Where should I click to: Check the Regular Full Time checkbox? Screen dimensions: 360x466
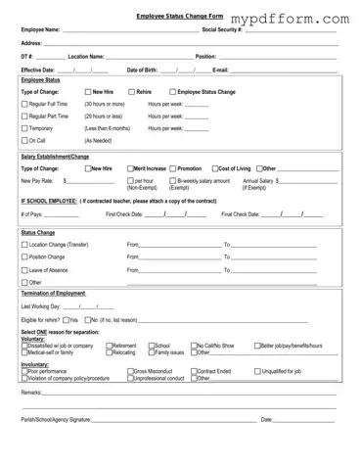pyautogui.click(x=25, y=103)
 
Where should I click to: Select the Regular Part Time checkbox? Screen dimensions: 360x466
pyautogui.click(x=25, y=116)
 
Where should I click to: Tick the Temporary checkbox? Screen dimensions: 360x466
pyautogui.click(x=25, y=128)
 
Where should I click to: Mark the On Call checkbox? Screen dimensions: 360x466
pyautogui.click(x=25, y=141)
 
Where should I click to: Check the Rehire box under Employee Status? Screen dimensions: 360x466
pyautogui.click(x=130, y=91)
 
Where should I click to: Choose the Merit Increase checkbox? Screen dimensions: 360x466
pyautogui.click(x=130, y=167)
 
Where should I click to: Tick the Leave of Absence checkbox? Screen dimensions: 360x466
pyautogui.click(x=25, y=269)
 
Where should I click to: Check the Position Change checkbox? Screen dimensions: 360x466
pyautogui.click(x=25, y=256)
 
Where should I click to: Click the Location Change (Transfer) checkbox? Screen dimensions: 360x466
pyautogui.click(x=25, y=244)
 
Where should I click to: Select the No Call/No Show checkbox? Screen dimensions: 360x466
pyautogui.click(x=194, y=346)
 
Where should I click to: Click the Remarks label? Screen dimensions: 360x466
pyautogui.click(x=31, y=391)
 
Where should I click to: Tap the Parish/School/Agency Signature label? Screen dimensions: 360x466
pyautogui.click(x=56, y=419)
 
